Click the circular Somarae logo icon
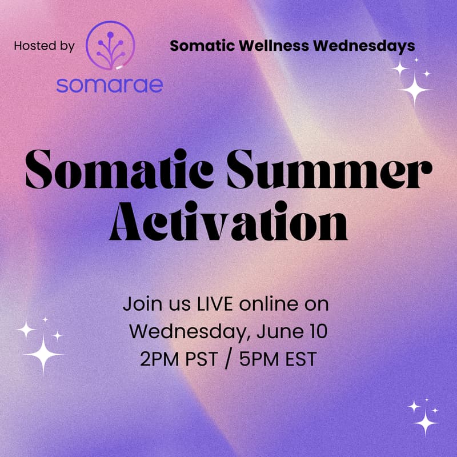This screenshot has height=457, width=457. coord(110,45)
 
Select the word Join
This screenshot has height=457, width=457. coord(137,303)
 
